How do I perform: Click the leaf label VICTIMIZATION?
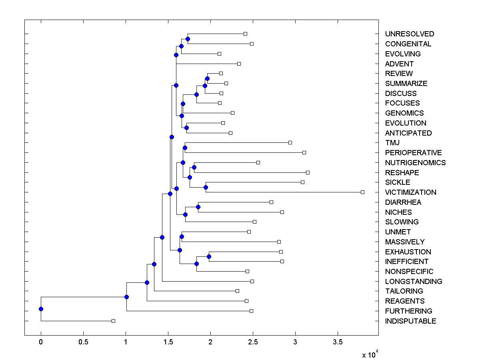(x=410, y=192)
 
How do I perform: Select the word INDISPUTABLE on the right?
(x=410, y=321)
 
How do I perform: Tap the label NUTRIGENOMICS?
(x=415, y=163)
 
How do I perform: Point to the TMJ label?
(x=392, y=143)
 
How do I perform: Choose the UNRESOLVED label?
(x=409, y=34)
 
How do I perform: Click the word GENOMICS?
(x=404, y=113)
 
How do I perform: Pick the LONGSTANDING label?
(x=414, y=282)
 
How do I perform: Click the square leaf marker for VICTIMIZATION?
(x=362, y=192)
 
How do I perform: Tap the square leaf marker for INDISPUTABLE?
(x=113, y=321)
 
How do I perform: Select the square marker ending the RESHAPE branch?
(x=308, y=172)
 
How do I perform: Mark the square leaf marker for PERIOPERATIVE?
(x=304, y=152)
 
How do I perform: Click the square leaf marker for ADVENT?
(x=239, y=64)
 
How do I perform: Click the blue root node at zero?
(x=41, y=309)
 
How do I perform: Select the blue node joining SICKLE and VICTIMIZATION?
(x=206, y=187)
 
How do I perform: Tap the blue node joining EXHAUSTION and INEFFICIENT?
(x=209, y=256)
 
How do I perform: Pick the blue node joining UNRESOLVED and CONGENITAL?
(x=188, y=39)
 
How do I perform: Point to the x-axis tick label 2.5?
(x=253, y=342)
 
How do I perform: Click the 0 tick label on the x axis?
(x=41, y=342)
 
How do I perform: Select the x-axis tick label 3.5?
(x=338, y=342)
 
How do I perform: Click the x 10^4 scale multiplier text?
(x=369, y=355)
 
